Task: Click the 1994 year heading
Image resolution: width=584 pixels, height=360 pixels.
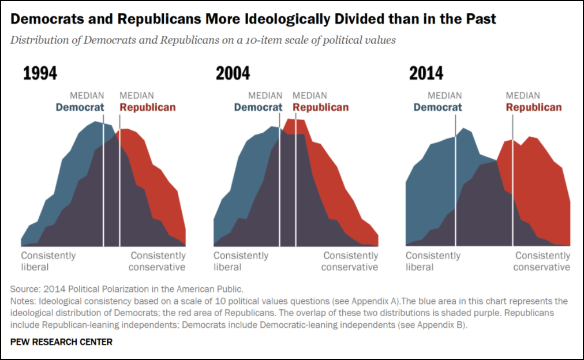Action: [40, 74]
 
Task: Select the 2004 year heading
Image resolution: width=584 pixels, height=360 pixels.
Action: [233, 74]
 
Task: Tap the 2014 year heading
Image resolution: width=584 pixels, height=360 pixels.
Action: [426, 74]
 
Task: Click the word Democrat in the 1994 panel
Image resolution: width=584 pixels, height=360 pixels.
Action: [80, 107]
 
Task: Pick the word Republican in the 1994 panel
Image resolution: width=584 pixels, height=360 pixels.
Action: [147, 107]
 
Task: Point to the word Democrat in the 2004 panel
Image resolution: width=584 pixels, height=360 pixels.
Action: [258, 107]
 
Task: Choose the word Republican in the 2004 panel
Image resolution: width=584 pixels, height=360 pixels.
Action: [320, 107]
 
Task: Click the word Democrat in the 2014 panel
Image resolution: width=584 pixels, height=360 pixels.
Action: [437, 107]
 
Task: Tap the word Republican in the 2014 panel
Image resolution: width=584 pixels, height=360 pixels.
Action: [533, 107]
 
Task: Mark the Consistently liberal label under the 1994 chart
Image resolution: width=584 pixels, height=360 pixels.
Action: [48, 261]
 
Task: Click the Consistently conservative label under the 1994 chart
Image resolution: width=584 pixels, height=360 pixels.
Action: [158, 261]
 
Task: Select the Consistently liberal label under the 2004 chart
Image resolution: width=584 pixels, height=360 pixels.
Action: [241, 261]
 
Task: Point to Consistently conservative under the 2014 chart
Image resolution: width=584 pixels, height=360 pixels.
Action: [542, 261]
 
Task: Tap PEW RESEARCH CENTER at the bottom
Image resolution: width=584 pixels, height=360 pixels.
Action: [61, 342]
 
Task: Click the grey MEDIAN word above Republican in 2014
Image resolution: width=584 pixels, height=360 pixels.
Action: [523, 96]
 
